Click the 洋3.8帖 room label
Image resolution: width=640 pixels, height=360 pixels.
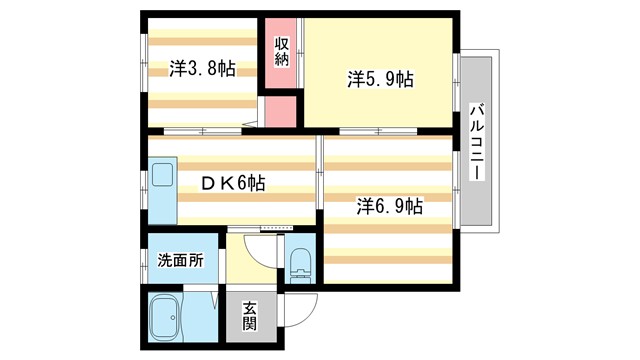pyautogui.click(x=202, y=69)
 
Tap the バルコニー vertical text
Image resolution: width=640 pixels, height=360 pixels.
pyautogui.click(x=477, y=141)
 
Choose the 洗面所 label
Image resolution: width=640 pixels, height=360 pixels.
pyautogui.click(x=181, y=260)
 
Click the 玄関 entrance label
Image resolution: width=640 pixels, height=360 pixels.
pyautogui.click(x=249, y=318)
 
